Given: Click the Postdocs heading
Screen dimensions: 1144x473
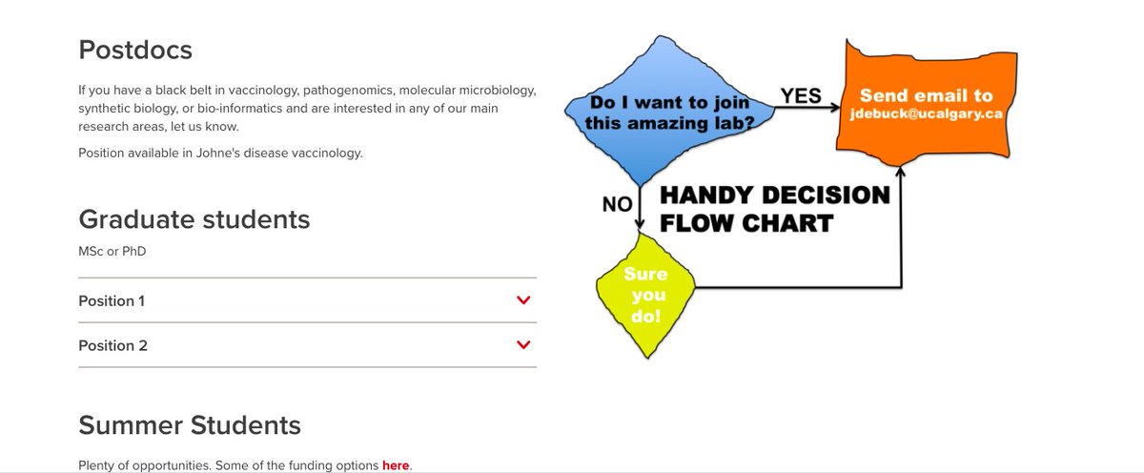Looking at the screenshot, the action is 135,50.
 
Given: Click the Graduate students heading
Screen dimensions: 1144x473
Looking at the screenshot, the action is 194,219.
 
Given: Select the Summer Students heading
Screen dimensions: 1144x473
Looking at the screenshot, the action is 189,424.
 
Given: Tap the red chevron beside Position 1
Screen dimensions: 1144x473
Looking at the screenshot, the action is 522,300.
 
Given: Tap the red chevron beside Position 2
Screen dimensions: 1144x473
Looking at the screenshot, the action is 522,345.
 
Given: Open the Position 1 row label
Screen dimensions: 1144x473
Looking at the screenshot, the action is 112,300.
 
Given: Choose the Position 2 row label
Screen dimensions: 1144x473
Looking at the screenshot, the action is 112,345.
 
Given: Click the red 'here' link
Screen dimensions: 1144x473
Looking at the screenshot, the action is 395,465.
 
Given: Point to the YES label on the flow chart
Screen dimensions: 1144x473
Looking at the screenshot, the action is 801,95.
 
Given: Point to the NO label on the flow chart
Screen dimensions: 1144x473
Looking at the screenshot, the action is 617,203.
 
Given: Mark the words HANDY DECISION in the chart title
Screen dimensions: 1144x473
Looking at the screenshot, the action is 774,195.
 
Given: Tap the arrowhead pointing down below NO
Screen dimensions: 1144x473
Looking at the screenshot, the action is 640,227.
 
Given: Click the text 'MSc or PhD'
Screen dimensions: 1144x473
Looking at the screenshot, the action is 112,251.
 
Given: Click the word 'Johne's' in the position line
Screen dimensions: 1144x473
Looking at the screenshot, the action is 244,153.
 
